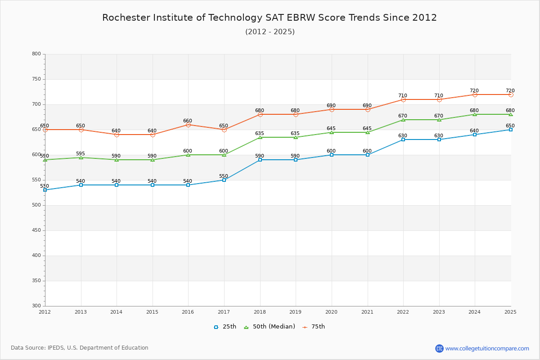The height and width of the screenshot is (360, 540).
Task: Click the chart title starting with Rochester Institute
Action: [270, 18]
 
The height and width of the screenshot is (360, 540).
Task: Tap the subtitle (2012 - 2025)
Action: [270, 32]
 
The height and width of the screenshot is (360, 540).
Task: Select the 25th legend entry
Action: [225, 327]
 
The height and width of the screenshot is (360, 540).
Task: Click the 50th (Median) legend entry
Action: [270, 327]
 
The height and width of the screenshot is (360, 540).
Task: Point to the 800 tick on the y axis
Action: [36, 54]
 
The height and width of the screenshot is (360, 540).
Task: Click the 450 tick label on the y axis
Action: [36, 230]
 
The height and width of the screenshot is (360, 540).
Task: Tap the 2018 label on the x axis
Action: [260, 312]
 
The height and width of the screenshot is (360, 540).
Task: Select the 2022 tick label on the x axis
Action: [403, 312]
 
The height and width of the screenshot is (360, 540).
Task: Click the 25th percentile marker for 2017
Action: [224, 180]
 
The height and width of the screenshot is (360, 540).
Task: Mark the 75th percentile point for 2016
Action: [188, 125]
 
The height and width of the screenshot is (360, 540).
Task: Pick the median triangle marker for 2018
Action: [260, 137]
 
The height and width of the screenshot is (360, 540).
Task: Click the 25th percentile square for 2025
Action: [511, 130]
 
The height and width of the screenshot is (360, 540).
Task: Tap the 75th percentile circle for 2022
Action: [403, 99]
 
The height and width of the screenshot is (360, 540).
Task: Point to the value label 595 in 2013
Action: [81, 153]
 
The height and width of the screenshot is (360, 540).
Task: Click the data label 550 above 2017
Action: [224, 176]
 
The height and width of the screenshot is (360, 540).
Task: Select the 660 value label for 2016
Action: [188, 121]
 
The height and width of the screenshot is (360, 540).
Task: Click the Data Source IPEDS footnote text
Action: [80, 348]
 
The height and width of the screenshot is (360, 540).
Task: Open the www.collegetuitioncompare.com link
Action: [487, 348]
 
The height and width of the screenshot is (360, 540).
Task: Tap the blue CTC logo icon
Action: [439, 348]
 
